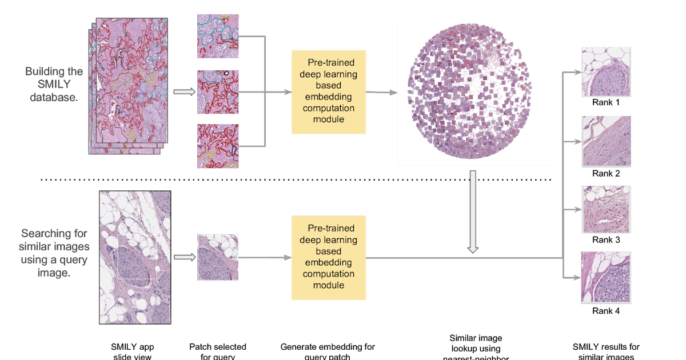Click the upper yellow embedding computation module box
click(x=329, y=92)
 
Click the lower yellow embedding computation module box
click(x=329, y=258)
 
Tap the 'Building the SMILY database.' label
click(x=54, y=85)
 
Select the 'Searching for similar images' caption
click(x=54, y=246)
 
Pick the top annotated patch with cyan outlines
click(x=218, y=36)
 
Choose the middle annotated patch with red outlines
click(x=218, y=92)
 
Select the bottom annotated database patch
click(x=218, y=146)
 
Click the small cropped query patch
click(x=218, y=258)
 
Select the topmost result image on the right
click(x=606, y=72)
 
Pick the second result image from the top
click(x=606, y=141)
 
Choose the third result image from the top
click(x=606, y=209)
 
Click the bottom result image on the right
click(x=606, y=277)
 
